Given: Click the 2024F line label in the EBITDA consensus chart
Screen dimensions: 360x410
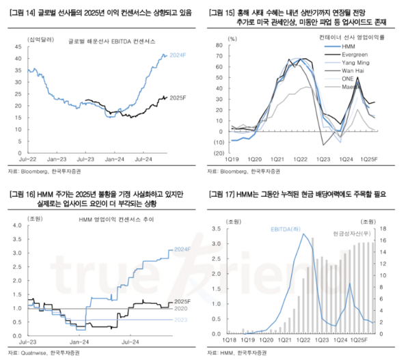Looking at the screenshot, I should coord(178,54).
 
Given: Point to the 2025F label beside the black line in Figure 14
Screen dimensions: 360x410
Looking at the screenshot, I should coord(178,98).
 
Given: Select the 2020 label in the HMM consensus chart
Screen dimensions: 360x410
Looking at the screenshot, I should coord(181,309).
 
